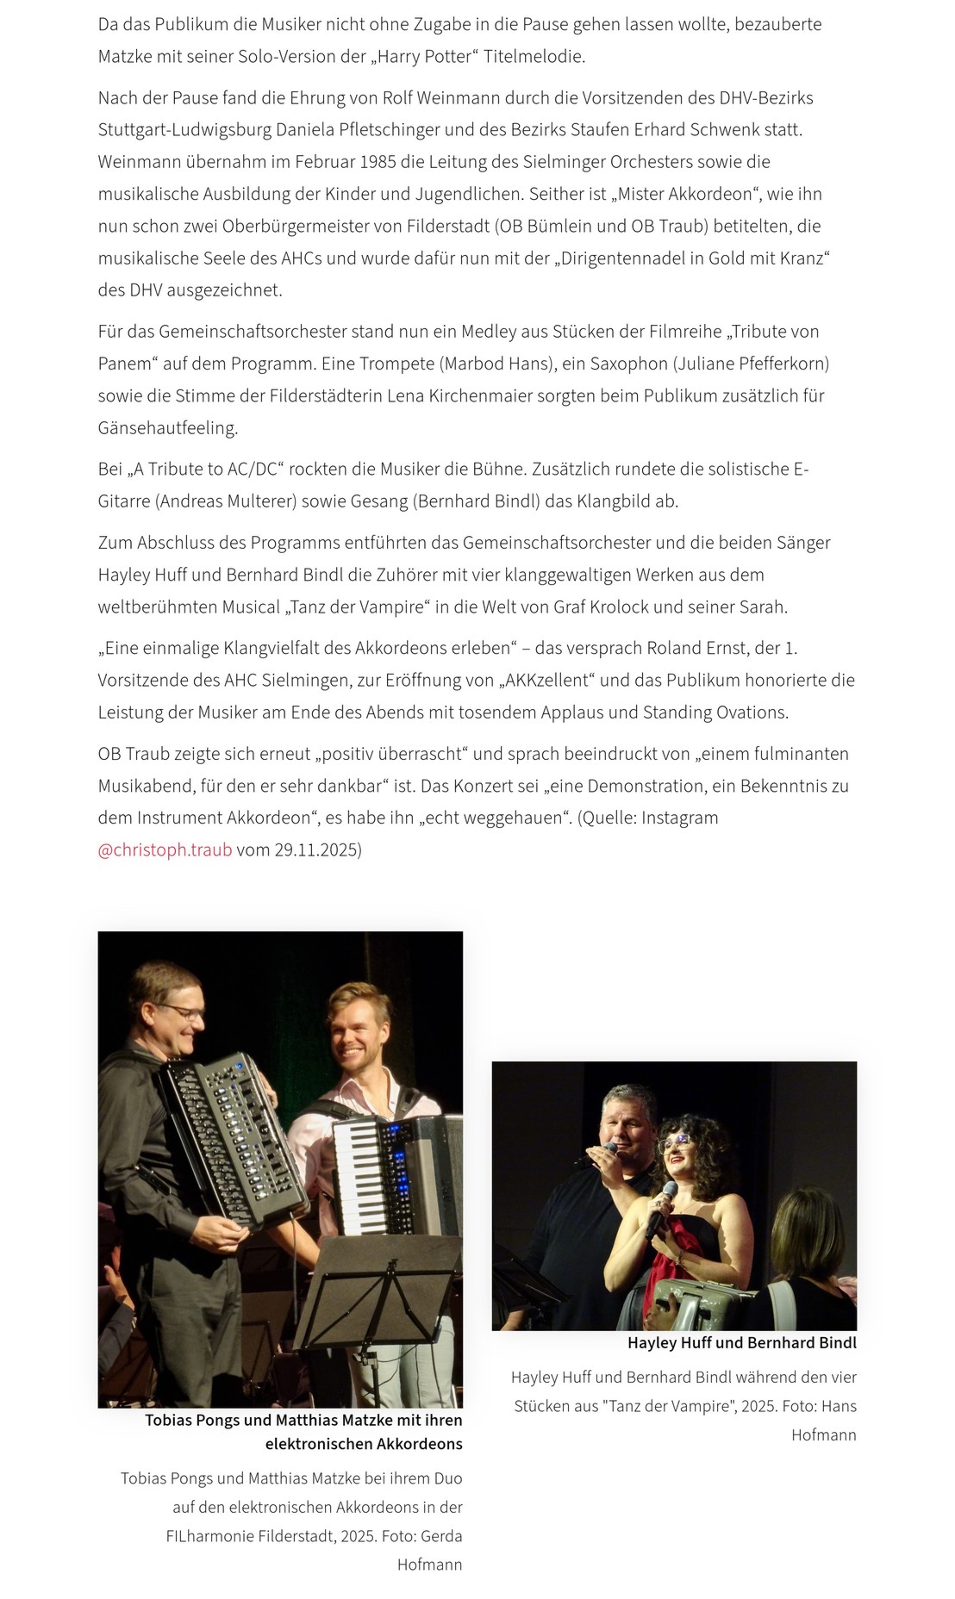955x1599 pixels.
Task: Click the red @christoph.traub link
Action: tap(165, 849)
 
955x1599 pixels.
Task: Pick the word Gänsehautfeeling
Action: tap(167, 428)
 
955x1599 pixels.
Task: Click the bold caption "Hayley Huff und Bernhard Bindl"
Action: tap(741, 1342)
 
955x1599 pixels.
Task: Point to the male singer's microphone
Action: tap(609, 1148)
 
